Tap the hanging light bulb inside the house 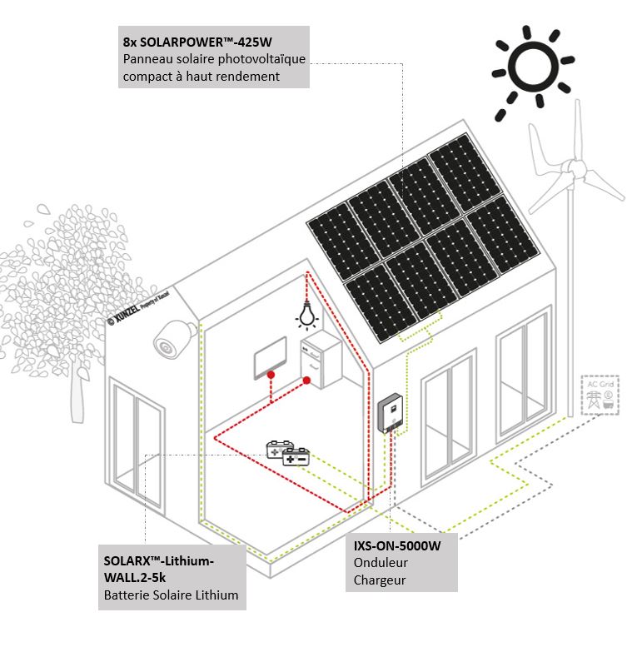pos(306,316)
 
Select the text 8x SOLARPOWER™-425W pos(197,42)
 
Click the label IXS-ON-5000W pos(396,546)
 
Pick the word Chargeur pos(379,580)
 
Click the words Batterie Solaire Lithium pos(171,595)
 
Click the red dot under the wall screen pos(271,377)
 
